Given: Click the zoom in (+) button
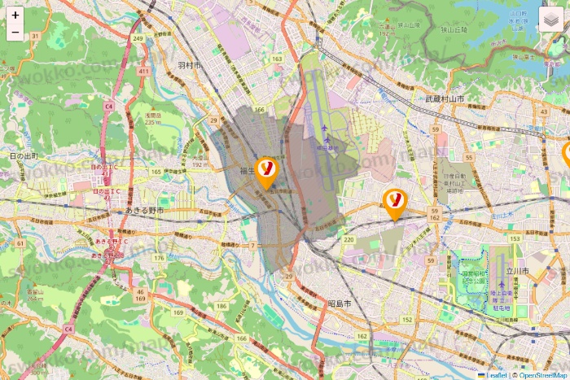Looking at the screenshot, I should (15, 15).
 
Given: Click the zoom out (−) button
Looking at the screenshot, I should (15, 33).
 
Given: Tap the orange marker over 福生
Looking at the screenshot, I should (266, 170).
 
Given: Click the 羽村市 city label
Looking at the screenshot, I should (188, 65).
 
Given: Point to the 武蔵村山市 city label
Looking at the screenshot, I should (445, 98).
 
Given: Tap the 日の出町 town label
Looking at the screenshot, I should (24, 155).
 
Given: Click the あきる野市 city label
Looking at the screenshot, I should (145, 210).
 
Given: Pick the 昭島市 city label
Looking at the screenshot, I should (339, 303).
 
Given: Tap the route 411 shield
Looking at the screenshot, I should (143, 72).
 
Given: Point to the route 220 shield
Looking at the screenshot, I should (349, 239).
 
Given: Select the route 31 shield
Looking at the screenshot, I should (34, 36).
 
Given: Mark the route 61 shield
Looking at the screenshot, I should (20, 242).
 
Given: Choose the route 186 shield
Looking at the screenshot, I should (199, 306).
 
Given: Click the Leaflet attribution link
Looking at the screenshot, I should (494, 375).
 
